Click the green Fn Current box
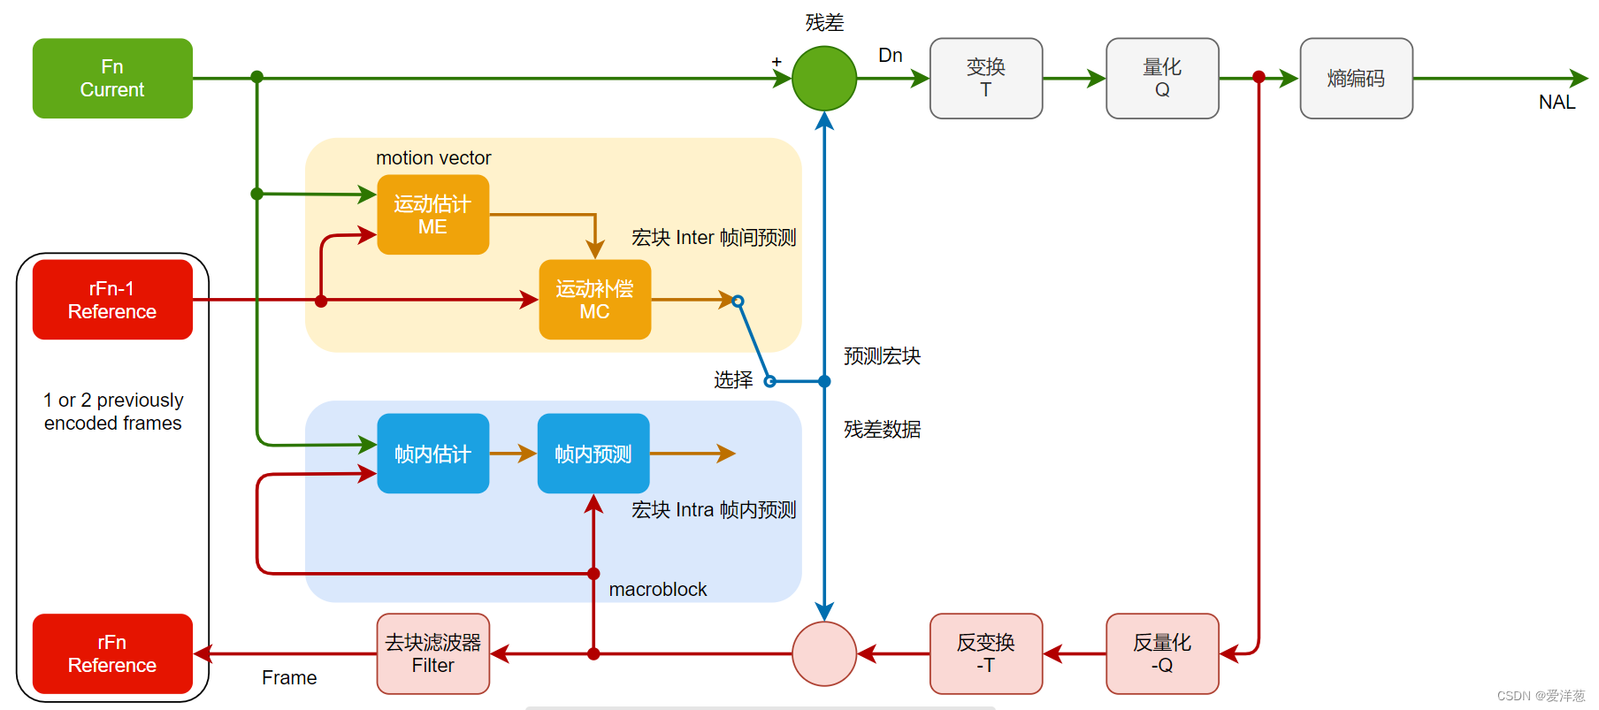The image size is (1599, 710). click(x=112, y=78)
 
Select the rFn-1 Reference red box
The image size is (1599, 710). click(x=112, y=300)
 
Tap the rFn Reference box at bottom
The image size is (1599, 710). click(x=112, y=653)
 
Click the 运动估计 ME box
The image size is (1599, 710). click(x=432, y=215)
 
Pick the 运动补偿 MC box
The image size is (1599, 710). click(x=594, y=300)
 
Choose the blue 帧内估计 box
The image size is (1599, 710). click(x=432, y=454)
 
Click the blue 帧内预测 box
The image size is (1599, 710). click(x=593, y=454)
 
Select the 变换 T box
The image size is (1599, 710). click(x=985, y=78)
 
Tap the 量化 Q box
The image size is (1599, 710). click(x=1162, y=78)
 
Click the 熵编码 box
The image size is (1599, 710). click(x=1356, y=78)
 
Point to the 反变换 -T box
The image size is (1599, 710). click(x=985, y=653)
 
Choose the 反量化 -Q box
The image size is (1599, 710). click(x=1162, y=653)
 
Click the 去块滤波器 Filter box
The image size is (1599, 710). click(x=432, y=653)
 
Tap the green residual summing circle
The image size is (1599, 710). click(x=824, y=78)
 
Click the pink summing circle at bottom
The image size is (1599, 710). click(x=824, y=653)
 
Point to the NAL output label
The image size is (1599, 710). click(x=1557, y=103)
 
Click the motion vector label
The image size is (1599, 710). click(x=433, y=158)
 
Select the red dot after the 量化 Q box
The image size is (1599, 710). click(x=1259, y=78)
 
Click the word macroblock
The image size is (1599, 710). click(x=657, y=590)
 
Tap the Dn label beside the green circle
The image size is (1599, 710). click(x=890, y=56)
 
